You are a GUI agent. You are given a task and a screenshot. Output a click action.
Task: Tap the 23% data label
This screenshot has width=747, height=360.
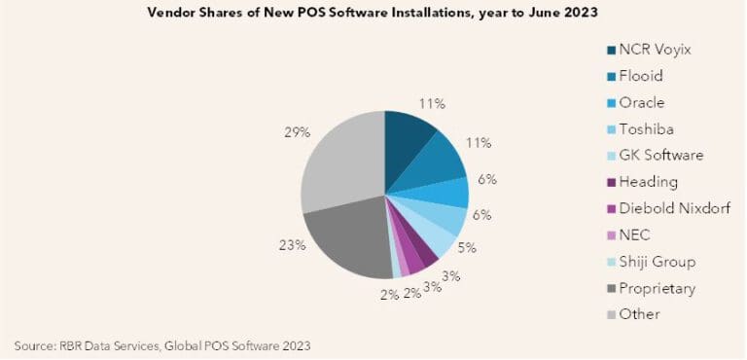[293, 245]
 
